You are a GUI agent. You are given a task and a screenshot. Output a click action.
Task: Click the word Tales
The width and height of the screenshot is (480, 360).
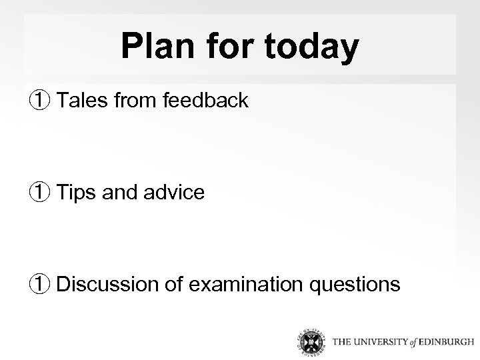pyautogui.click(x=81, y=101)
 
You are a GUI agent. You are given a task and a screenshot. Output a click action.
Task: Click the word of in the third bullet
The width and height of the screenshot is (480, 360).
pyautogui.click(x=175, y=285)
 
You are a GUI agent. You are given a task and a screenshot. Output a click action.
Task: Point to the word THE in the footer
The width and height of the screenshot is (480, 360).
pyautogui.click(x=343, y=343)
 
